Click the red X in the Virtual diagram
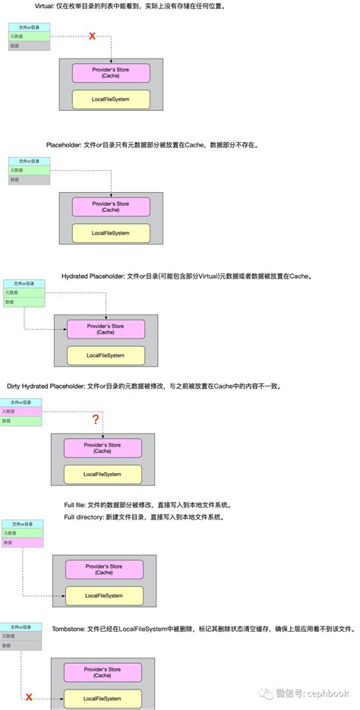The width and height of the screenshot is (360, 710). (x=93, y=36)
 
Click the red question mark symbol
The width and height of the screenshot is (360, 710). (x=96, y=419)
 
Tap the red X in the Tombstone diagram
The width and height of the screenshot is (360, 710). (x=29, y=696)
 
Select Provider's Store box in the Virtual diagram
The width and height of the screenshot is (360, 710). (x=111, y=73)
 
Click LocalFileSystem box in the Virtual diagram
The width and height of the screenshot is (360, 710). (x=111, y=99)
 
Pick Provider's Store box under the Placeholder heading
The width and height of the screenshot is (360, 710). (x=111, y=207)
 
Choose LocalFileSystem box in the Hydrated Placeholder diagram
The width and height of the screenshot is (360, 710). (x=105, y=355)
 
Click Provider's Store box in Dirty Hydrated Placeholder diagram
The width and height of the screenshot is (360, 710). (x=102, y=447)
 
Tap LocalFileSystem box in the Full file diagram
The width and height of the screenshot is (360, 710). (x=104, y=595)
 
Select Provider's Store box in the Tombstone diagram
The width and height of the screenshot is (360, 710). (x=103, y=671)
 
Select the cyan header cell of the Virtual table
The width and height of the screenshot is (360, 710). (x=30, y=27)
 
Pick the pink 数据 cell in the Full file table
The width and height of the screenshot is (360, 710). (x=21, y=542)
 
